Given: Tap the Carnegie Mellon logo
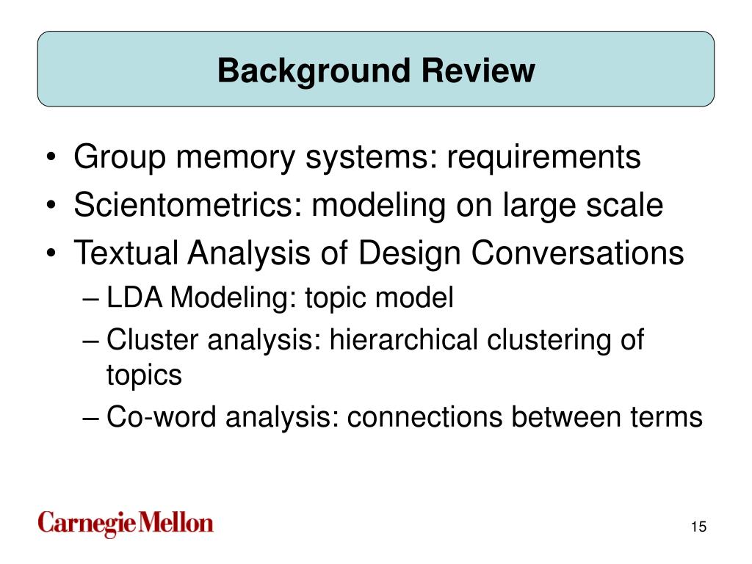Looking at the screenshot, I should [x=126, y=523].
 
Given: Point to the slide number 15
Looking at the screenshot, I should [x=698, y=527].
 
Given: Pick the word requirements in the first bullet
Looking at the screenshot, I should [x=546, y=158].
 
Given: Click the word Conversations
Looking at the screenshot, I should [x=577, y=254].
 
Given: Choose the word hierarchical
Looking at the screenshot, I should [x=402, y=340].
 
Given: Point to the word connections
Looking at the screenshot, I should [x=424, y=417].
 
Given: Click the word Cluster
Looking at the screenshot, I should [x=152, y=340].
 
